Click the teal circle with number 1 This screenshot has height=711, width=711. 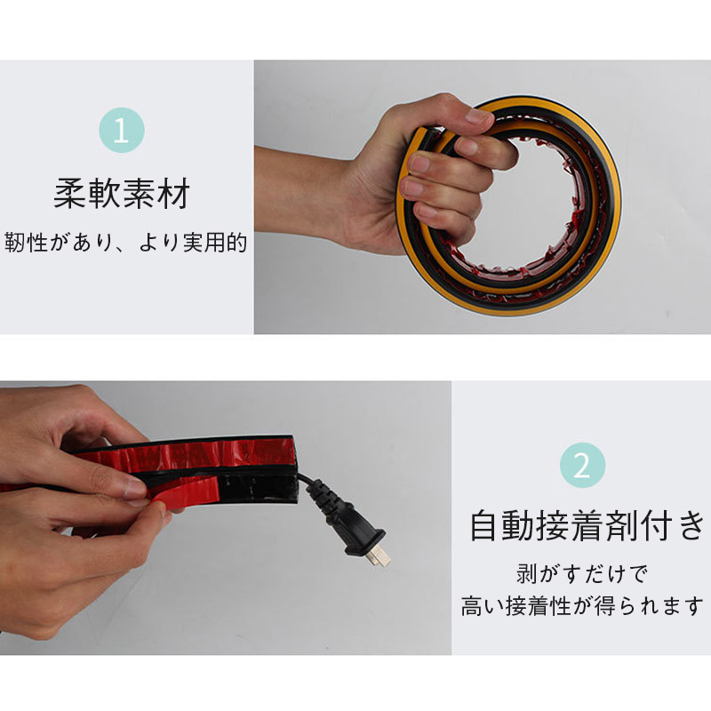pos(122,130)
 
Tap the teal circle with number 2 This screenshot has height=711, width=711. pos(582,465)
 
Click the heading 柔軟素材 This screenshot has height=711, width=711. pos(122,194)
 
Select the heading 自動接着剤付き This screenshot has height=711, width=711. pos(587,525)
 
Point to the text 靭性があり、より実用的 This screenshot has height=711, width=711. pos(125,243)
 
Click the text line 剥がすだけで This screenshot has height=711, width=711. pos(582,574)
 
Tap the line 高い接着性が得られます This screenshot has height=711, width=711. pos(582,606)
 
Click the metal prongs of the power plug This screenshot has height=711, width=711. pos(379,556)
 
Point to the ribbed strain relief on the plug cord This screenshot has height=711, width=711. pos(329,499)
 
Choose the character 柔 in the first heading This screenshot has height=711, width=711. pos(69,194)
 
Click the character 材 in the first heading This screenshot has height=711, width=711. pos(173,194)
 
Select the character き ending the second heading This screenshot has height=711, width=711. pos(691,525)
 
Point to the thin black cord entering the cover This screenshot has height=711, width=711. pos(305,479)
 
